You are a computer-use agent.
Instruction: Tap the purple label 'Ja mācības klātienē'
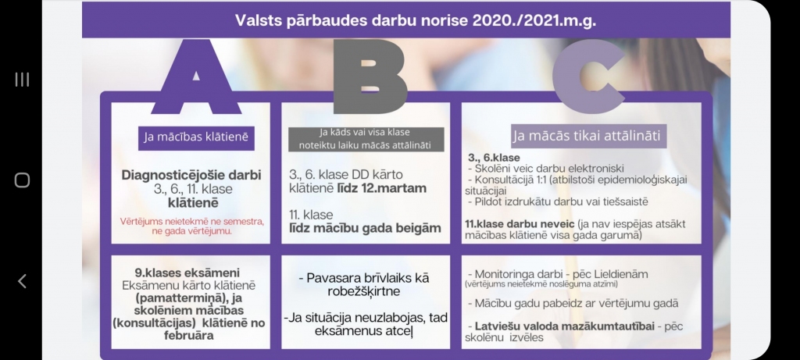pyautogui.click(x=195, y=137)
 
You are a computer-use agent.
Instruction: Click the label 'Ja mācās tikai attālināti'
pyautogui.click(x=589, y=137)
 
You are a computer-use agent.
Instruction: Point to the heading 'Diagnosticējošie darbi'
pyautogui.click(x=191, y=175)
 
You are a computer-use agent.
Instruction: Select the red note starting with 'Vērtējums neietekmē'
pyautogui.click(x=191, y=226)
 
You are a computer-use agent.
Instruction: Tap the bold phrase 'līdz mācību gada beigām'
pyautogui.click(x=365, y=228)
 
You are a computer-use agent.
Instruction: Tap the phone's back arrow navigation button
pyautogui.click(x=22, y=281)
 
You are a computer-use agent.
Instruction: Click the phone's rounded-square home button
pyautogui.click(x=22, y=180)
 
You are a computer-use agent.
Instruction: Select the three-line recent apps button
pyautogui.click(x=22, y=79)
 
